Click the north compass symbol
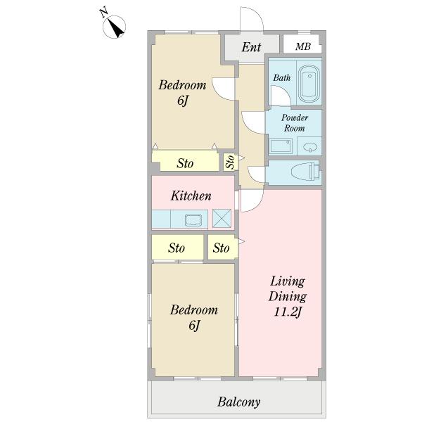[114, 27]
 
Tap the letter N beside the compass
[103, 13]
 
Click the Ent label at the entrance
[251, 47]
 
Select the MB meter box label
[302, 46]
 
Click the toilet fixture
[306, 171]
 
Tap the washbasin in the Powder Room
[310, 147]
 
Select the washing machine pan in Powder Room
[281, 146]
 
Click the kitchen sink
[193, 220]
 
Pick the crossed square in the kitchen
[222, 218]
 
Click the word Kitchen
[191, 196]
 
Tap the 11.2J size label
[288, 312]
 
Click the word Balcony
[238, 402]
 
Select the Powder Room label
[295, 122]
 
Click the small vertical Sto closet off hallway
[231, 161]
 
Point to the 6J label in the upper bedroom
[182, 101]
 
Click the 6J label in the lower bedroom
[194, 326]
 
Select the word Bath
[282, 78]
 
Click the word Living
[288, 282]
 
